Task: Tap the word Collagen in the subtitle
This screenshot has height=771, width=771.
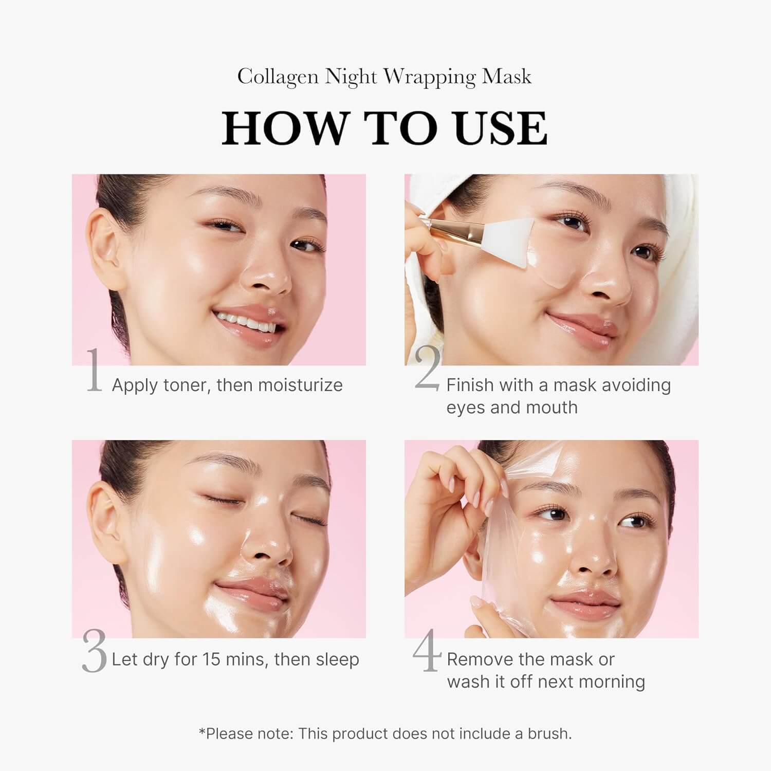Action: coord(278,77)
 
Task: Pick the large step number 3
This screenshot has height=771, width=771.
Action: coord(94,652)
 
